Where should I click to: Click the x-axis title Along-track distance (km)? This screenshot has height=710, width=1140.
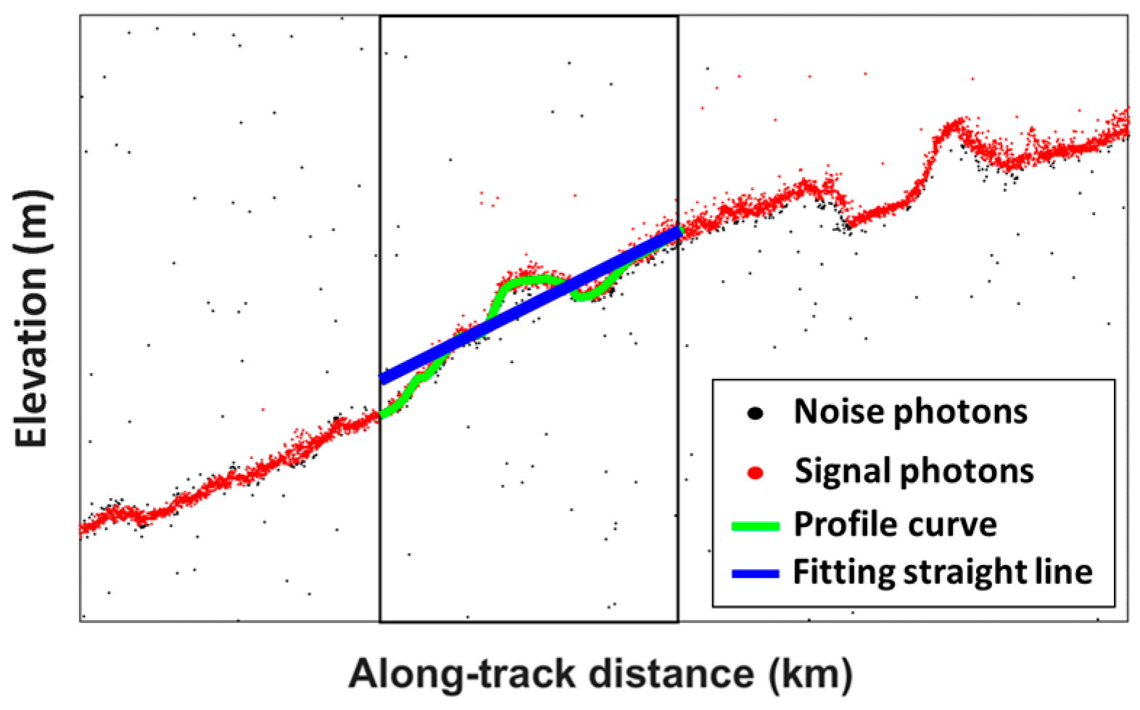600,674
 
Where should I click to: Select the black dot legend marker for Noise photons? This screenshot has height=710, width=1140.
755,413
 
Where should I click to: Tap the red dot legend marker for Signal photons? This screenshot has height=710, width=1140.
755,473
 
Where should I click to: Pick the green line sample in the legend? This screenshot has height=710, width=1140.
755,526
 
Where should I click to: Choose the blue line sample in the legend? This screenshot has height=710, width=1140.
755,574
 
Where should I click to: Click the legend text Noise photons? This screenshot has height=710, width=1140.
910,412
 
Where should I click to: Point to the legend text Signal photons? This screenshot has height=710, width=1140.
914,471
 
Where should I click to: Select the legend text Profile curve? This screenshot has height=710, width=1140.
895,524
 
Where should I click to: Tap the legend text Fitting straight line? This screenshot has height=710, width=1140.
942,572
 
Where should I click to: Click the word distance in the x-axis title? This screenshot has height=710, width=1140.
671,674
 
